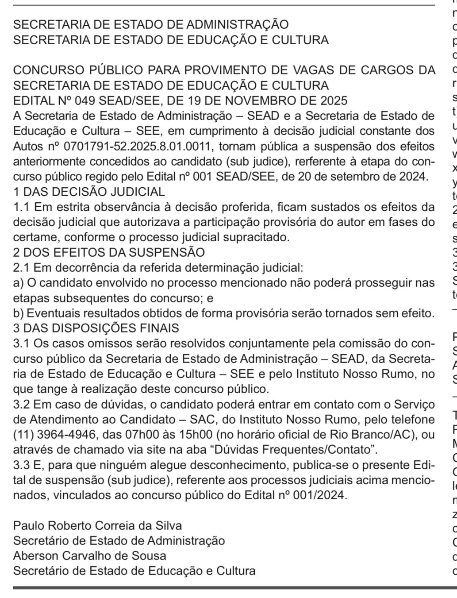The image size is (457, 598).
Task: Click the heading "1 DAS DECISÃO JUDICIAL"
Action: pyautogui.click(x=89, y=192)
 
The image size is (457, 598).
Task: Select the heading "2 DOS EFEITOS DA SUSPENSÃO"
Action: pyautogui.click(x=109, y=252)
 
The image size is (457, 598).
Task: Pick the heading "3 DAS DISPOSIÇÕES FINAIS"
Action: pyautogui.click(x=96, y=328)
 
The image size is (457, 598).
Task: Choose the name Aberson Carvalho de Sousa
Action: pyautogui.click(x=90, y=556)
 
